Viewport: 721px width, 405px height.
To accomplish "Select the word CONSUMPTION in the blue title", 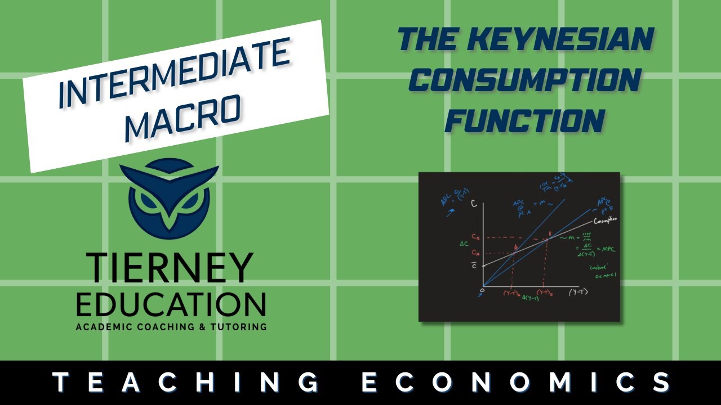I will click(524, 80).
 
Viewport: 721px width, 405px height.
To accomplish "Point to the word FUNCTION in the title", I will click(524, 120).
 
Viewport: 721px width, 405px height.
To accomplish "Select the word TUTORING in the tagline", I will click(237, 327).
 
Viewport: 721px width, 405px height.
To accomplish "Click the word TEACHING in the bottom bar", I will click(186, 382).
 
